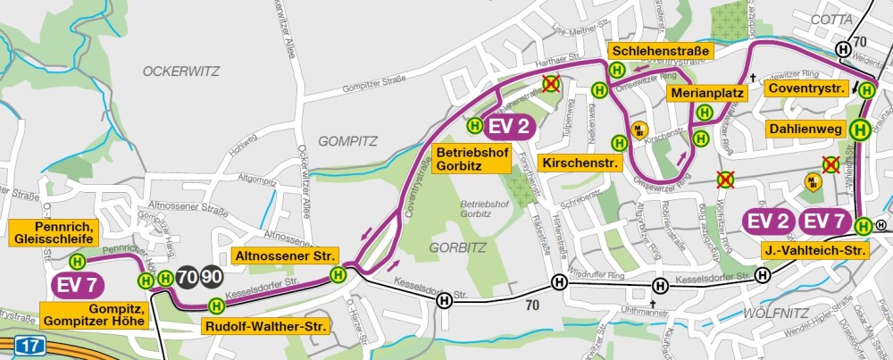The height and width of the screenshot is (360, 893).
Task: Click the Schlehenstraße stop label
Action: click(x=659, y=51)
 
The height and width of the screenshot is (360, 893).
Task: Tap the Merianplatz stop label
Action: click(x=705, y=93)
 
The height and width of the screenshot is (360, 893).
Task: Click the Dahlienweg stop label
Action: click(x=806, y=129)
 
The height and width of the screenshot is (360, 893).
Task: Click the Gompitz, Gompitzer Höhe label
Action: click(x=93, y=314)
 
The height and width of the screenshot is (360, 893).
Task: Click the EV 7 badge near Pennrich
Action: click(x=78, y=286)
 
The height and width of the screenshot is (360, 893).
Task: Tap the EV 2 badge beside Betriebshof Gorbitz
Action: click(x=510, y=126)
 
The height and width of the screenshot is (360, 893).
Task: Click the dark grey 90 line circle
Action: click(x=213, y=277)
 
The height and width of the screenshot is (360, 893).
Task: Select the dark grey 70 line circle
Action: click(x=188, y=277)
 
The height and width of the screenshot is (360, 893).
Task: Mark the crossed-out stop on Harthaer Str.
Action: click(x=552, y=84)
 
